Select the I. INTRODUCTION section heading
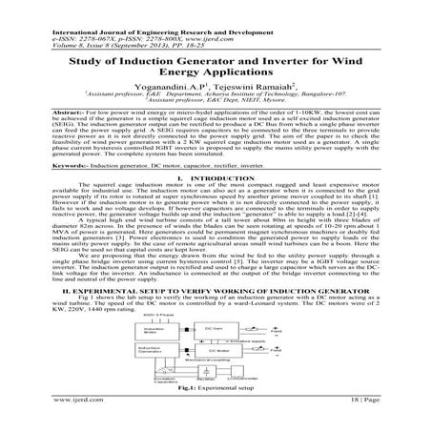(216, 177)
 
